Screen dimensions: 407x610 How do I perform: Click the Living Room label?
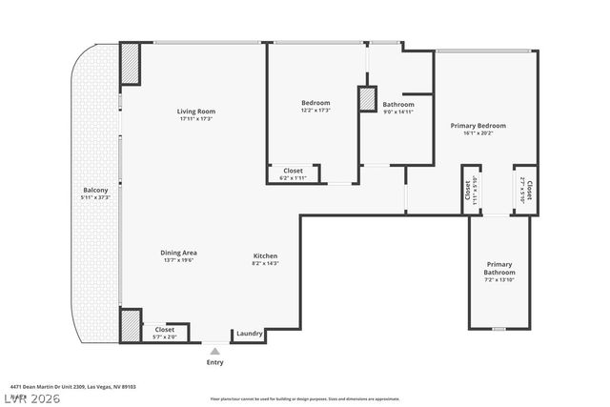[194, 112]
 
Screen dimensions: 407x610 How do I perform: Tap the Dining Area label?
[178, 252]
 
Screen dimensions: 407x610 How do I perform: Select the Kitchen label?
[265, 255]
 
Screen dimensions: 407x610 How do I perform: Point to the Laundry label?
[250, 333]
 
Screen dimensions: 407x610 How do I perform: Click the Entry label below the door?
[216, 362]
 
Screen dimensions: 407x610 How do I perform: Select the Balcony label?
[95, 191]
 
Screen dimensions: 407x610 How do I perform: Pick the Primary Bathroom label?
[498, 269]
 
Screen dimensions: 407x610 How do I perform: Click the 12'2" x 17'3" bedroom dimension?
[315, 111]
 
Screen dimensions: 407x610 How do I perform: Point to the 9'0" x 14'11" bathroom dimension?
[398, 112]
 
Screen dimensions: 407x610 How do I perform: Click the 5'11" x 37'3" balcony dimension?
[95, 198]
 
